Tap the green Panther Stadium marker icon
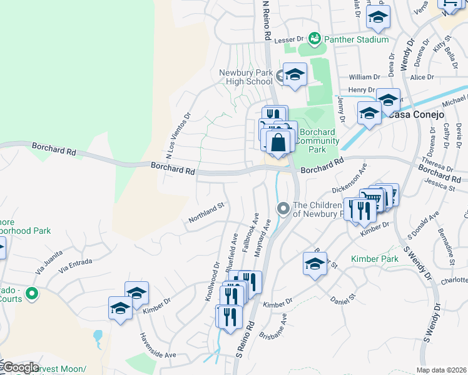click(x=314, y=39)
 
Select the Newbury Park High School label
click(x=245, y=77)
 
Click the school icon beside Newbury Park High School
click(x=295, y=75)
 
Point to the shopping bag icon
click(x=278, y=142)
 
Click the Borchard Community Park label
click(x=318, y=141)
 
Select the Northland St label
click(x=206, y=213)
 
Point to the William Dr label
click(x=365, y=77)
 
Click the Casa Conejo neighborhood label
click(x=416, y=115)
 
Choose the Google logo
click(x=20, y=367)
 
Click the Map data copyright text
click(x=441, y=370)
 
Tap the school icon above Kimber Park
click(x=315, y=264)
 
